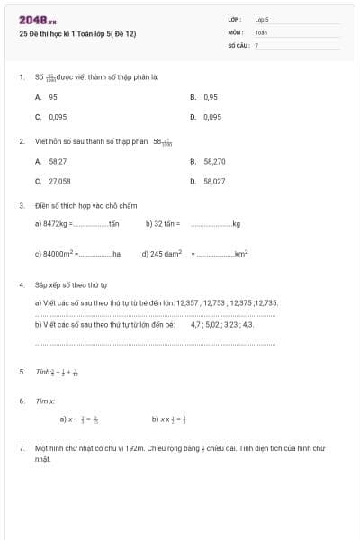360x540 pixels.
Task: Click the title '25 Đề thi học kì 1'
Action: pos(77,34)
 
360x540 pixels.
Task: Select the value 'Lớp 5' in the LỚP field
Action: pos(262,19)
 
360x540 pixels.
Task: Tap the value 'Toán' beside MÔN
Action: pos(261,31)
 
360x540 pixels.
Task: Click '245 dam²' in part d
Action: pos(166,254)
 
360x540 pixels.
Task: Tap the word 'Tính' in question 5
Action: pos(41,372)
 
